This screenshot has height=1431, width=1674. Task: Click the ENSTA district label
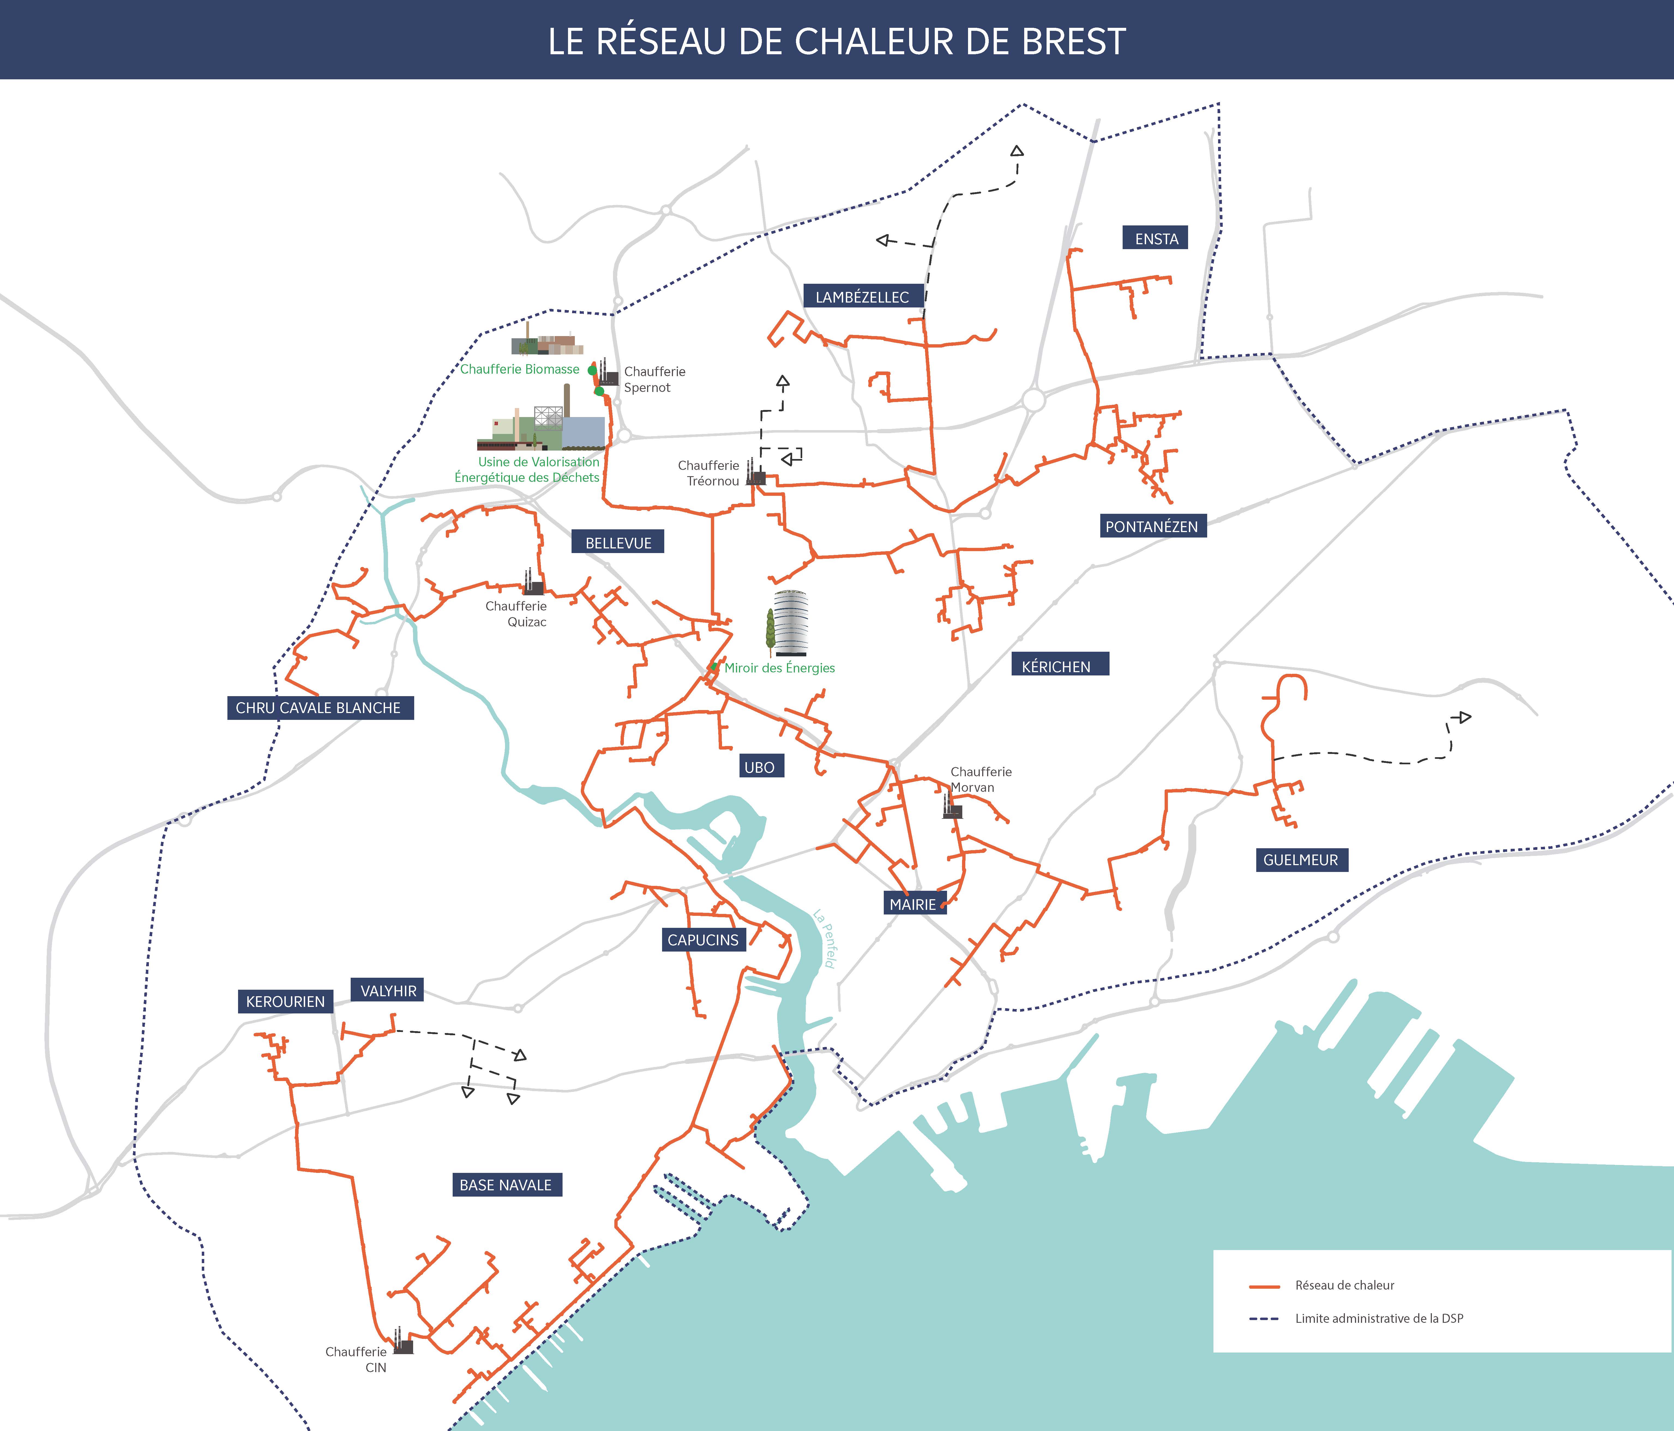click(1155, 238)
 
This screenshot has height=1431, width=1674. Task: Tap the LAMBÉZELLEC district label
click(862, 296)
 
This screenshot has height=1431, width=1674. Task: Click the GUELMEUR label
click(1300, 860)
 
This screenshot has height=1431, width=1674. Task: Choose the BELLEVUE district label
click(618, 543)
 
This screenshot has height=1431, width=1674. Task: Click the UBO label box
click(759, 767)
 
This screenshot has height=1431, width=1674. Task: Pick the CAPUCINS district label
click(703, 940)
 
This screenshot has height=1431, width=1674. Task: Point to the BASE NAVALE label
click(506, 1185)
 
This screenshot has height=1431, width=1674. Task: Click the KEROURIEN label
click(285, 1001)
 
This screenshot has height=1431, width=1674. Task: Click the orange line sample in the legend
click(1264, 1286)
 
